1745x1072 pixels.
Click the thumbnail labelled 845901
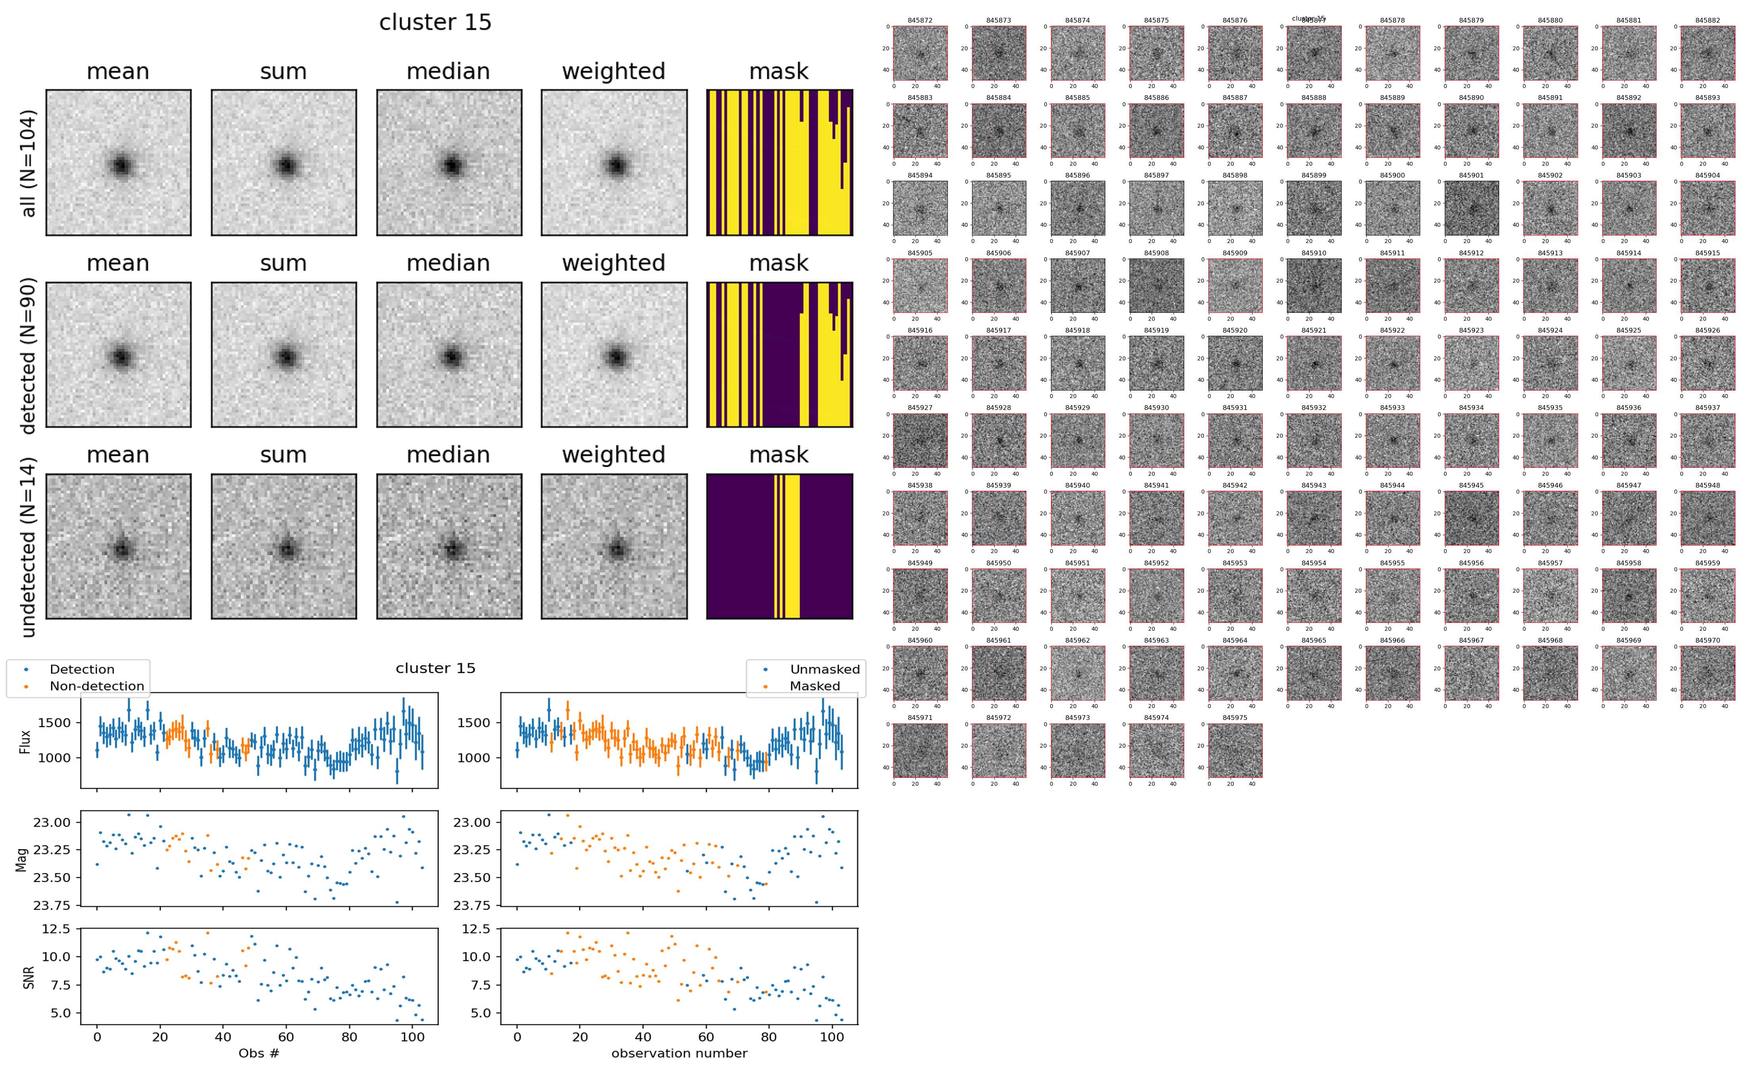[x=1471, y=208]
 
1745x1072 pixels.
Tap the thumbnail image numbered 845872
[x=920, y=53]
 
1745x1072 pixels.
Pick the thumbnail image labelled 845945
[x=1471, y=518]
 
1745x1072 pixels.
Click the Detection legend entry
[x=82, y=669]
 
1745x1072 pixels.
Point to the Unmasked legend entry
[x=825, y=669]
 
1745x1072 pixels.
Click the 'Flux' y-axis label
[x=25, y=741]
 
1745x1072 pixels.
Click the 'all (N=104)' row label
[x=29, y=163]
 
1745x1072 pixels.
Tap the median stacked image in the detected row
[x=449, y=354]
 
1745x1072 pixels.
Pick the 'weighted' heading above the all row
[x=614, y=72]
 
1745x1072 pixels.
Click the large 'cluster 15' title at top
[x=435, y=23]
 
